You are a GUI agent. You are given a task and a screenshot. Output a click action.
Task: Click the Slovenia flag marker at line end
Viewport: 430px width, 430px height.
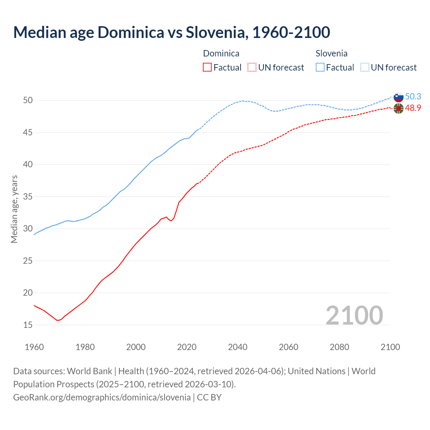[x=398, y=97]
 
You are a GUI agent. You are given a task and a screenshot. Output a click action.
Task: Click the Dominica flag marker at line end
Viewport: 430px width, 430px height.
[x=398, y=109]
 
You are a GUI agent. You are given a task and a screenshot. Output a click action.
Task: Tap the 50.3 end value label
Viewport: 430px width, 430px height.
[x=413, y=97]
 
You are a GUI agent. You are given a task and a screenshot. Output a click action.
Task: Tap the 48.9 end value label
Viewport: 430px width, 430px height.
[x=413, y=108]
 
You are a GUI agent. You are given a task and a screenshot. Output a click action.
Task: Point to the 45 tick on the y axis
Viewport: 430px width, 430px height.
[x=28, y=133]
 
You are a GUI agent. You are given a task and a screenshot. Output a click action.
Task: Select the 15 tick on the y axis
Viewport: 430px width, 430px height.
[x=28, y=325]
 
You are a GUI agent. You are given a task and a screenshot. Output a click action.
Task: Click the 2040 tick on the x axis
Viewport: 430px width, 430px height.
[x=238, y=347]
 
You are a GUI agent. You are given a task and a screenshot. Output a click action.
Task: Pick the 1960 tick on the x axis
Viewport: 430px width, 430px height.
[x=34, y=347]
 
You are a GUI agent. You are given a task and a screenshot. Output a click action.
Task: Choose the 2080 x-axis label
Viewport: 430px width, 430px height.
[x=339, y=347]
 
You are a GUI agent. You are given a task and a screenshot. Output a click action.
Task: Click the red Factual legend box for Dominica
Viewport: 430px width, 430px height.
[x=207, y=68]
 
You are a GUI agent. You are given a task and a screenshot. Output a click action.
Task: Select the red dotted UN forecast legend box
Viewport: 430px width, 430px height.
[x=252, y=68]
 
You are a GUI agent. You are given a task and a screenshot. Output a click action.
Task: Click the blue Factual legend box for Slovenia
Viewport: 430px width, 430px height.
[x=320, y=68]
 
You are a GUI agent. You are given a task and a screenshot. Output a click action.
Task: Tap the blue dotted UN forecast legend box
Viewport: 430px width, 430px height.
[x=365, y=68]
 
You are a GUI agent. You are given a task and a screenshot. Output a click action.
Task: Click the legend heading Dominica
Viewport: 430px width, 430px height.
[x=221, y=53]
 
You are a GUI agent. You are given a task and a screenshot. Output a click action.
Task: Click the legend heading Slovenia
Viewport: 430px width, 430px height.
[x=331, y=53]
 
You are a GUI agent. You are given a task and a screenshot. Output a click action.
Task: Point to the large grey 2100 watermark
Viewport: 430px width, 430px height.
[x=354, y=315]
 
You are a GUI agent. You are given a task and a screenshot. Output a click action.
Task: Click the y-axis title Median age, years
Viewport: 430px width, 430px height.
[x=14, y=209]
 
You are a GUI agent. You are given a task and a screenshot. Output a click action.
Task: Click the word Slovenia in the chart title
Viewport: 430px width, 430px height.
[x=217, y=32]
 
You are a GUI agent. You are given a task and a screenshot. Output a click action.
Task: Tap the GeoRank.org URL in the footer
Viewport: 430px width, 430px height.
[x=102, y=397]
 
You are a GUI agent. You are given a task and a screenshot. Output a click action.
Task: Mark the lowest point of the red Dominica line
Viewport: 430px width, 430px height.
[x=58, y=320]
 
